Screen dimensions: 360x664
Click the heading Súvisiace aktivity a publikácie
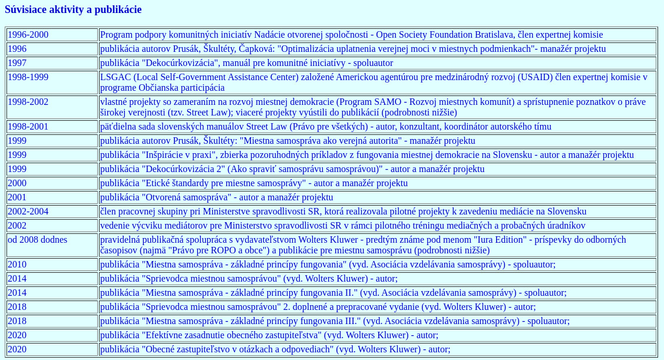point(73,10)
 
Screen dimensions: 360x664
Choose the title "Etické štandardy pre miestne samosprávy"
point(223,183)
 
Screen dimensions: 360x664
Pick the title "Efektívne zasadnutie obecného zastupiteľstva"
point(232,335)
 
